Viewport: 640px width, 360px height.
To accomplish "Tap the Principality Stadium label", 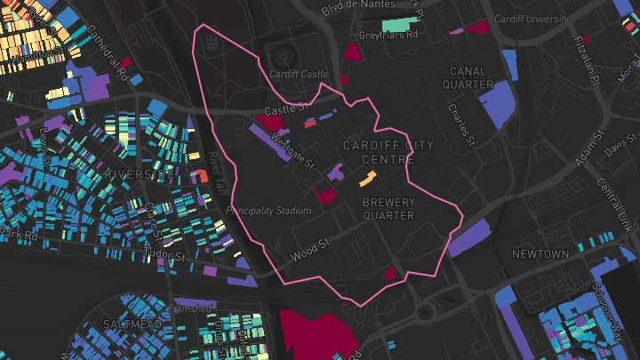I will click(269, 211).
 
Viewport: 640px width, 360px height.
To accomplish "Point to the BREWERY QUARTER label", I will click(388, 209).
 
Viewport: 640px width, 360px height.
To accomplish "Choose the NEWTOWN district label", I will click(540, 254).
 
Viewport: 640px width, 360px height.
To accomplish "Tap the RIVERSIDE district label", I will click(138, 175).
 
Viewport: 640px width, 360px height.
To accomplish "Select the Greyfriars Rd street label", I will click(387, 36).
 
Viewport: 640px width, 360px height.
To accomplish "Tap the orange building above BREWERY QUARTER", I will click(366, 179).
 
